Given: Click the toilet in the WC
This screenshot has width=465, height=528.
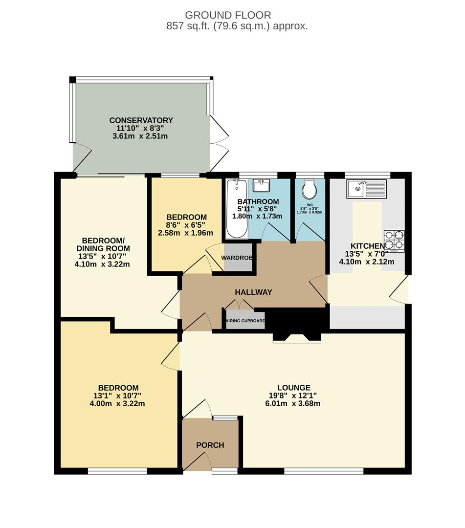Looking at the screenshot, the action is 309,189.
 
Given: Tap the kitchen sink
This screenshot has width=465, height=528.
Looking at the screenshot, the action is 366,189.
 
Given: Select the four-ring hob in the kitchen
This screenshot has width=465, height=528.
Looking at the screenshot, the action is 394,241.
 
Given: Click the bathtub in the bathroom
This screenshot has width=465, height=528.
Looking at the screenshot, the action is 237,209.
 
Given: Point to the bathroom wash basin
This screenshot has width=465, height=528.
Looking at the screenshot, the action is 261,185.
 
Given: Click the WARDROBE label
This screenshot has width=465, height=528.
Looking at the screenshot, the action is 239,258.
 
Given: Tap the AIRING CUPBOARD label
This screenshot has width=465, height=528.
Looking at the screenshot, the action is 245,321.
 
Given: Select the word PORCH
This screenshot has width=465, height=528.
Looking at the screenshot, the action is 210,445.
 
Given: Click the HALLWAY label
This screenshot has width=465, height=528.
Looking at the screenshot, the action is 254,292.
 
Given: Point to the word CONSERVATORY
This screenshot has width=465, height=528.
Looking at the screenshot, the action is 141,120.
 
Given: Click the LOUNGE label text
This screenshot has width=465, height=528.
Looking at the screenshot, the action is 294,388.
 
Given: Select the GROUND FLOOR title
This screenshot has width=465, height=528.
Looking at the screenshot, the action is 228,15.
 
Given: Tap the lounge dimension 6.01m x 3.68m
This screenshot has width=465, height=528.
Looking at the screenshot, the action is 293,403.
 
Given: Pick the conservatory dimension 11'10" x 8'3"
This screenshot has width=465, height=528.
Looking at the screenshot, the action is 140,128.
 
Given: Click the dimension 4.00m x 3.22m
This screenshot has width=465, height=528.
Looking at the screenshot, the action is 117,403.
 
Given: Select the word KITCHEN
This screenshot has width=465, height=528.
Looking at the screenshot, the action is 368,246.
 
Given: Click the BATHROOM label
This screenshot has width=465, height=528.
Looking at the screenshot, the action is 258,202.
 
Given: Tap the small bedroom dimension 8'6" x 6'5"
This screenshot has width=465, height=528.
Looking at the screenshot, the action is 186,225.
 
